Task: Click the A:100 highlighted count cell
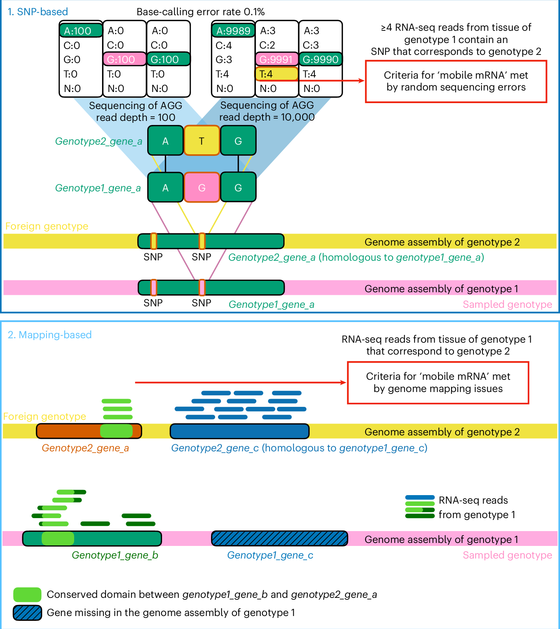tap(81, 31)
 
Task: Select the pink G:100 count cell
tap(124, 59)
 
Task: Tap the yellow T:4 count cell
tap(276, 74)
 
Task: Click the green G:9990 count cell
tap(320, 59)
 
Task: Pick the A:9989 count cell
tap(233, 31)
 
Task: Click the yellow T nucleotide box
tap(202, 141)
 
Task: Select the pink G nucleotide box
tap(202, 188)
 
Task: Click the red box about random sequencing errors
tap(456, 81)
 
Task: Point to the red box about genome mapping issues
tap(438, 382)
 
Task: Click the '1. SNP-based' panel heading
tap(38, 12)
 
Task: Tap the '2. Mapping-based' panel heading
tap(50, 335)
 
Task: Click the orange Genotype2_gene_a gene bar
tap(69, 431)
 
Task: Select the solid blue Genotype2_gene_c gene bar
tap(240, 431)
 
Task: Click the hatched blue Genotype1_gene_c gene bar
tap(280, 539)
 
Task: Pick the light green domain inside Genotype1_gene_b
tap(58, 539)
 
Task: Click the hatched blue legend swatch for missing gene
tap(27, 613)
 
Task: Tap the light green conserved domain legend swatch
tap(27, 595)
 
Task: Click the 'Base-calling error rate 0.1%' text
tap(200, 12)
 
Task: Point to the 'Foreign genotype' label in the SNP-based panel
tap(47, 226)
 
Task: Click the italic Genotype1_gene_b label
tap(115, 555)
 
